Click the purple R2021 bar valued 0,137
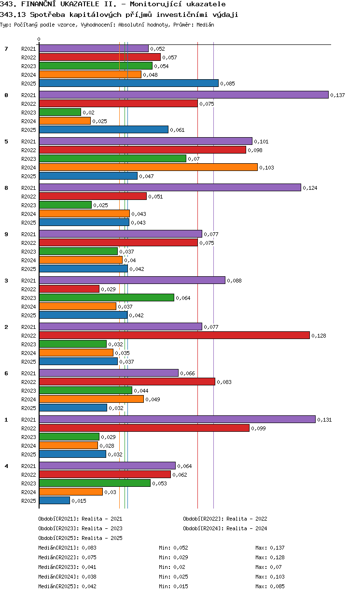tap(183, 95)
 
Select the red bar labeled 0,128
tap(174, 335)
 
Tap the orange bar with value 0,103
tap(148, 167)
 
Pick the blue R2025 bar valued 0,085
tap(128, 83)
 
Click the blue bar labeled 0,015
tap(55, 500)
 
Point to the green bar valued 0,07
tap(112, 158)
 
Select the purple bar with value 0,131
tap(177, 419)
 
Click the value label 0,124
tap(310, 188)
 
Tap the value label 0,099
tap(258, 428)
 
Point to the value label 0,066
tap(187, 373)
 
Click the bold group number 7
tap(6, 48)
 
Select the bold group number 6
tap(6, 373)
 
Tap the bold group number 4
tap(6, 466)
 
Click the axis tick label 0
tap(39, 39)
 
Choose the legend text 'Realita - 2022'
tap(247, 519)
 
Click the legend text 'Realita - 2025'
tap(102, 538)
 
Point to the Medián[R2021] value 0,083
tap(89, 548)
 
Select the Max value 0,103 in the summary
tap(277, 577)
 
